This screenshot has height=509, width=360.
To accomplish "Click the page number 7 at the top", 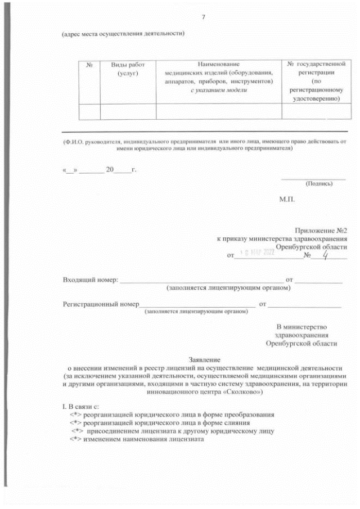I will coord(202,18).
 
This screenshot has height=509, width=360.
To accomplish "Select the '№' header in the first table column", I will coord(89,65).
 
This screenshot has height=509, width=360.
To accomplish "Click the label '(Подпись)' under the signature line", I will coord(319,183).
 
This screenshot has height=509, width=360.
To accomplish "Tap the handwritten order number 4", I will coord(309,254).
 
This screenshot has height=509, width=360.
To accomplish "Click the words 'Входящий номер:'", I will coord(91,280).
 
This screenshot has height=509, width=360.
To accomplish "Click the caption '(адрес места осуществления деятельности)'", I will coord(124,34).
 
